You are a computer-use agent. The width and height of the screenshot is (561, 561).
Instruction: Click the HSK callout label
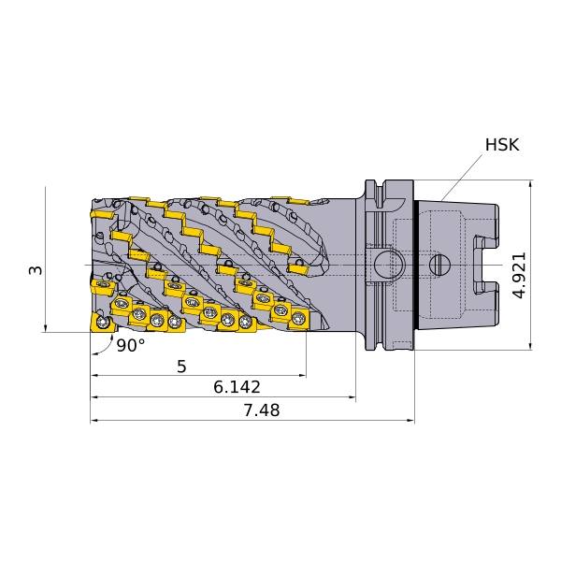click(x=502, y=145)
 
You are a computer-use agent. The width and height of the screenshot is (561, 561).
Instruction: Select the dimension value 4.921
click(x=519, y=275)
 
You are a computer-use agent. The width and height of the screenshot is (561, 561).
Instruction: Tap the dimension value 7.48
click(x=262, y=410)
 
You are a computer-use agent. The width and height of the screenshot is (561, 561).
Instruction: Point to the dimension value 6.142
click(x=237, y=387)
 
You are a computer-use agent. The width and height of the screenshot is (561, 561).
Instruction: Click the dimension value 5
click(x=181, y=367)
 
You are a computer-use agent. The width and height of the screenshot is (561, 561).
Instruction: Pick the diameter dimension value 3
click(x=36, y=270)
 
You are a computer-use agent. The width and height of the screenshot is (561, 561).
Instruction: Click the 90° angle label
click(x=131, y=345)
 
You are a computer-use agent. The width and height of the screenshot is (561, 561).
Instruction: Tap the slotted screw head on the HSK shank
click(x=439, y=266)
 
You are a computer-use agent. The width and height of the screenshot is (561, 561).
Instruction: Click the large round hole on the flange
click(x=389, y=266)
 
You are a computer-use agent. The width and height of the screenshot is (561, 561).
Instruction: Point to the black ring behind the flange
click(x=416, y=265)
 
